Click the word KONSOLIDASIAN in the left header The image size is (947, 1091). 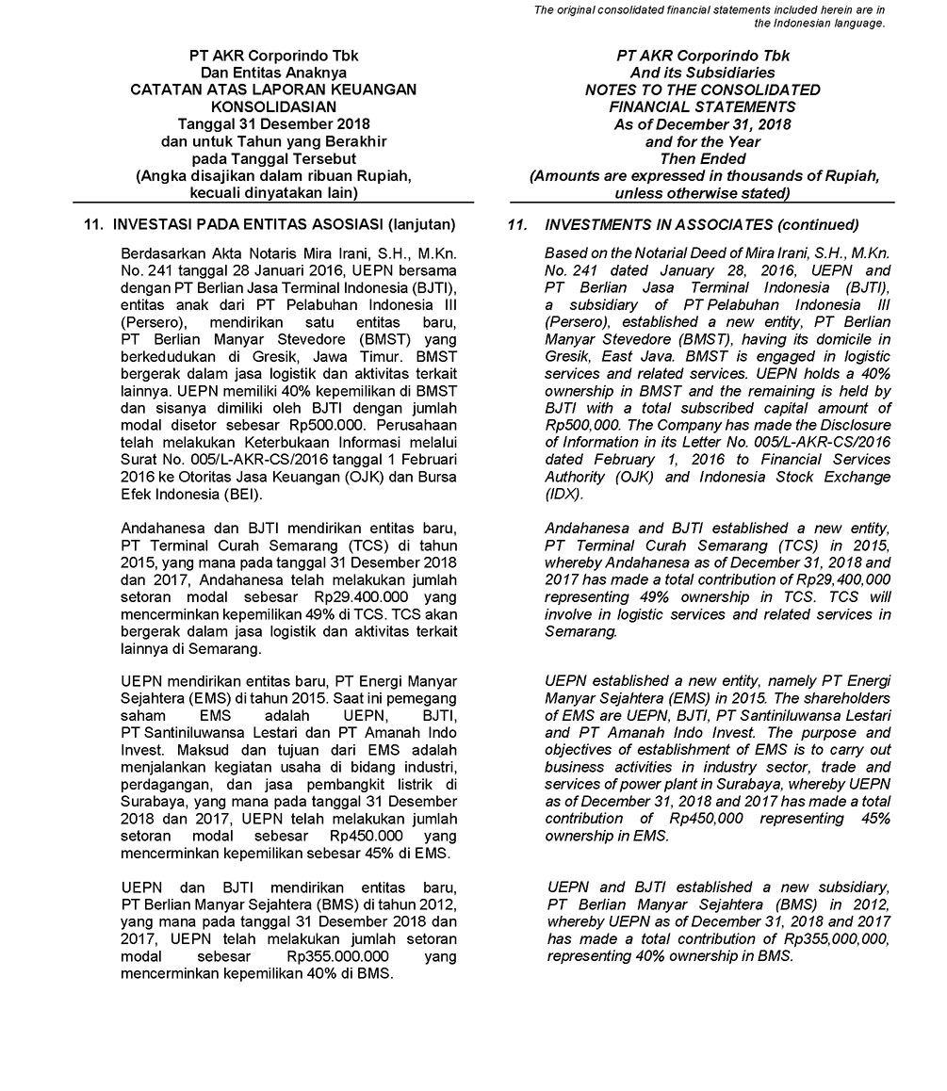point(273,107)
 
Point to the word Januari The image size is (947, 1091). point(267,270)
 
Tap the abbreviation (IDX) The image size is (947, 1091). point(564,494)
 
